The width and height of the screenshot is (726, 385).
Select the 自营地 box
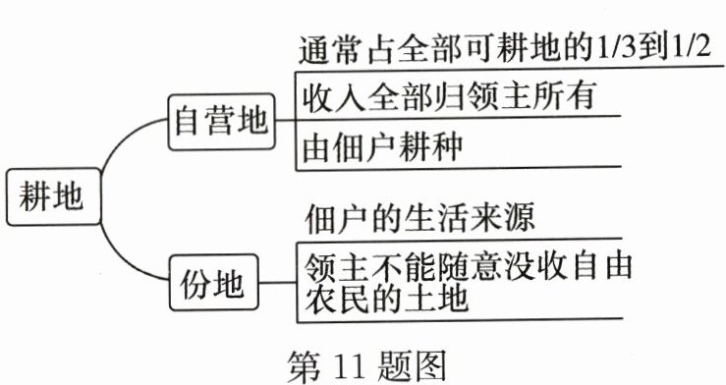coord(219,121)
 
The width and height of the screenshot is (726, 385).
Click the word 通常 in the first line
coord(324,47)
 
